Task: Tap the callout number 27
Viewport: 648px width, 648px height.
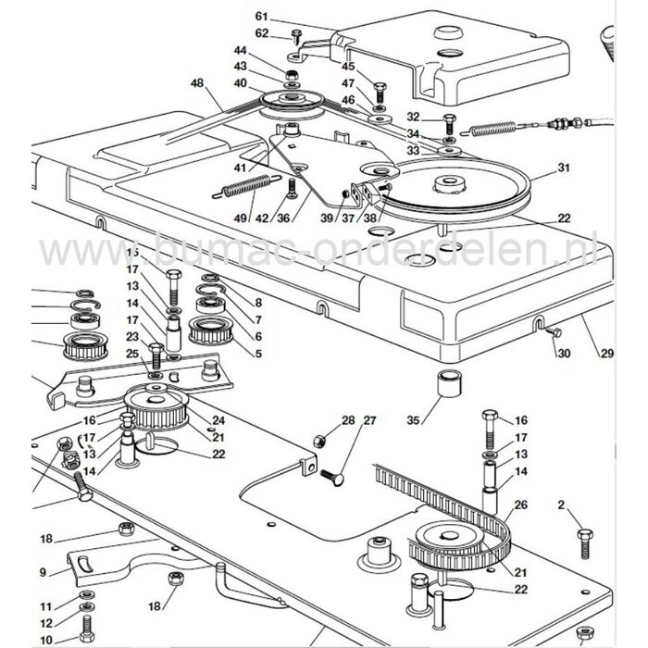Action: click(344, 420)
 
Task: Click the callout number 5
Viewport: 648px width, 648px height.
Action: click(258, 353)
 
